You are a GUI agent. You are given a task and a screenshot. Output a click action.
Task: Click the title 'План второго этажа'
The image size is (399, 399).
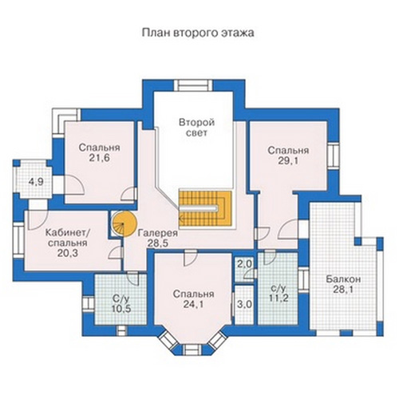(x=198, y=33)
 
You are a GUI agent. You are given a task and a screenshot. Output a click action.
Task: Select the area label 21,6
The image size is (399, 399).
(x=100, y=158)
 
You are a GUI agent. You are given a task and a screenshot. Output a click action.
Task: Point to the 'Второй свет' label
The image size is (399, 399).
(x=196, y=128)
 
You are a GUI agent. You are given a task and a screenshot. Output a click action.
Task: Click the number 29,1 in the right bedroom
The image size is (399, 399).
(x=288, y=161)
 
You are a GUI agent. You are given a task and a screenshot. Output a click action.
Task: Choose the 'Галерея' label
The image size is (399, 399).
(x=158, y=233)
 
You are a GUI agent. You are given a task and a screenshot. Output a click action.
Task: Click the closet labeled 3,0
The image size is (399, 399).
(x=244, y=305)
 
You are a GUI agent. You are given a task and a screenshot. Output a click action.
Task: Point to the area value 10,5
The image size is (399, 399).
(x=121, y=309)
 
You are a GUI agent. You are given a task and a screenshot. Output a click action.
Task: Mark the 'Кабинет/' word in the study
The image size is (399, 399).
(x=68, y=232)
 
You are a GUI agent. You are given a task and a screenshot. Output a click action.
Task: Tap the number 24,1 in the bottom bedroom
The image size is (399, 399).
(x=193, y=304)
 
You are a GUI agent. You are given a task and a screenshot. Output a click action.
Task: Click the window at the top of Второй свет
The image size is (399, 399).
(x=193, y=85)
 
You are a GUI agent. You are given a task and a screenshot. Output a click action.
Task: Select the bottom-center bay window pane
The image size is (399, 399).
(x=192, y=349)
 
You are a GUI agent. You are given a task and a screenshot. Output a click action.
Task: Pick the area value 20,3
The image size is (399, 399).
(x=68, y=253)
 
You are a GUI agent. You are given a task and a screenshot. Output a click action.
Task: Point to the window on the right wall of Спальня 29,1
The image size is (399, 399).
(x=334, y=156)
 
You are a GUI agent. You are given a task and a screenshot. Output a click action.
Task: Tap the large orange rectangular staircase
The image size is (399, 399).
(x=205, y=208)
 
